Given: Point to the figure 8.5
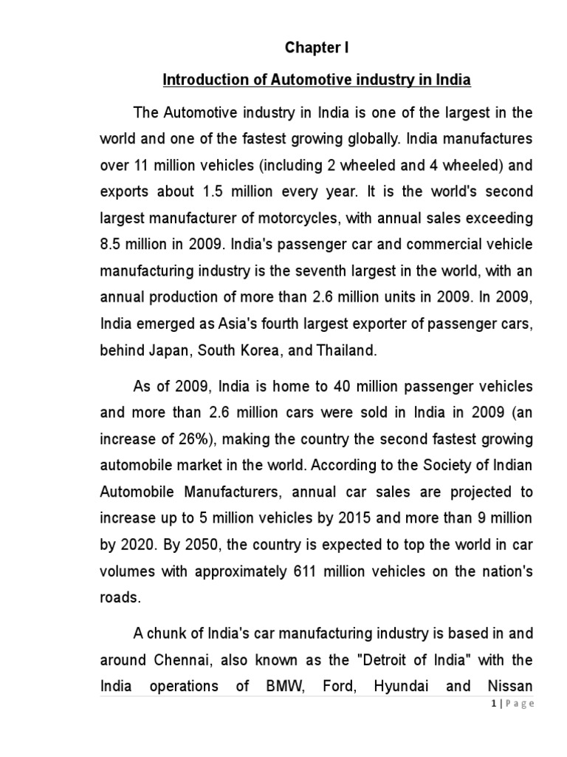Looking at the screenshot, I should (x=113, y=245).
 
